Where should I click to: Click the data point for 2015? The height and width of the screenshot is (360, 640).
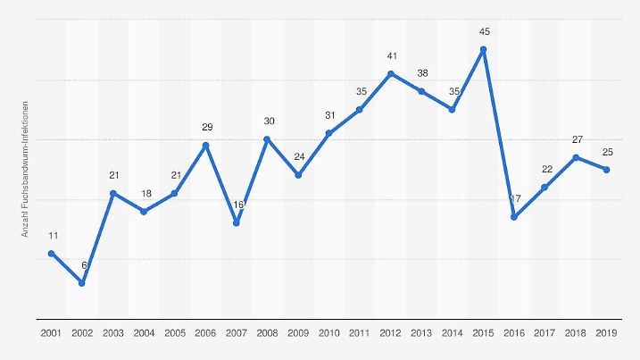484,49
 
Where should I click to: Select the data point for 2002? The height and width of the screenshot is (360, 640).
82,283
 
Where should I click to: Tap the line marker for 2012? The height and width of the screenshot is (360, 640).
391,73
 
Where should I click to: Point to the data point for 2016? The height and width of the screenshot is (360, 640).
514,217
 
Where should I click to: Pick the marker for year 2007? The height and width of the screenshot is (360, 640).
237,223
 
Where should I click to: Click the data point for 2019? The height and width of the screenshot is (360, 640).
607,170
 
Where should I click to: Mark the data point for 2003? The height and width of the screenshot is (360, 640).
113,193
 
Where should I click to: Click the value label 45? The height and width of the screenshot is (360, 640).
484,31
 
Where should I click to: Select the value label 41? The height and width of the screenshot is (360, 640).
391,55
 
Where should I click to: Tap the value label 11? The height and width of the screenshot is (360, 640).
53,236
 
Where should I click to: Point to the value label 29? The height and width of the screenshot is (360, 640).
206,128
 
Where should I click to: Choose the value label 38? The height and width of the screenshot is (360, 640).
422,73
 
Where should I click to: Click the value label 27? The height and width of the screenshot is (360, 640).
576,139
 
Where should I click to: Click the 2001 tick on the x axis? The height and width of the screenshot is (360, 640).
51,333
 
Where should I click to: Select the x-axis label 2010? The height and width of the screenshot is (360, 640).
329,333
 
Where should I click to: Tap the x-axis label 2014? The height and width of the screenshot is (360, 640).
453,333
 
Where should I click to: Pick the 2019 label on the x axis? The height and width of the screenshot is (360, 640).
607,333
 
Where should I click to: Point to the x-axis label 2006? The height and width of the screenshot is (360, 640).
206,333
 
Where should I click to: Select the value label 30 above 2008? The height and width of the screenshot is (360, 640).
268,121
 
